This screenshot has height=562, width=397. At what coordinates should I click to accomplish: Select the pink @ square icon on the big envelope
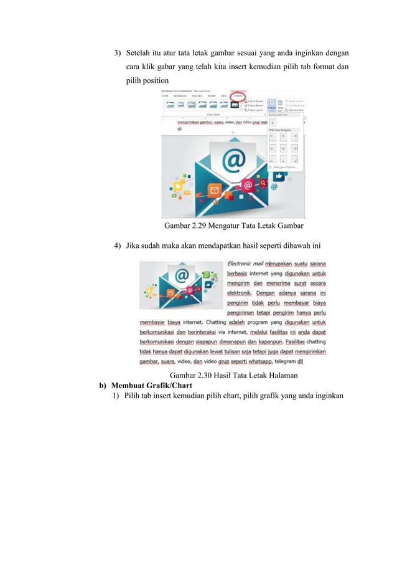point(248,186)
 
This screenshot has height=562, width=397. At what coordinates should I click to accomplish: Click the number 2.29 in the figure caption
point(208,226)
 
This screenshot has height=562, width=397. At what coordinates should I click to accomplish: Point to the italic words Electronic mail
point(245,264)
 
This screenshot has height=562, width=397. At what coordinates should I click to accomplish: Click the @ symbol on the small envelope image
point(181,275)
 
